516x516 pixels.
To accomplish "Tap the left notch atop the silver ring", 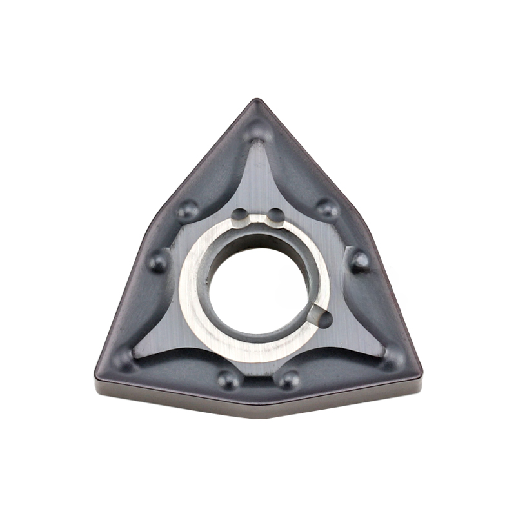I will point(239,214).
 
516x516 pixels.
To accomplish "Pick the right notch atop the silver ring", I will point(275,214).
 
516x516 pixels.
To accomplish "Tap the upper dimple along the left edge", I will point(188,209).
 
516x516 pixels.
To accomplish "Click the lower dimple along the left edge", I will point(158,261).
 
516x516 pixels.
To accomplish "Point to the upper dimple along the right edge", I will point(328,208).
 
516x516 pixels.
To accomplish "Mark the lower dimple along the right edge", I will point(359,261).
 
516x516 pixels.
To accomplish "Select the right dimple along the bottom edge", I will point(288,379).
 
